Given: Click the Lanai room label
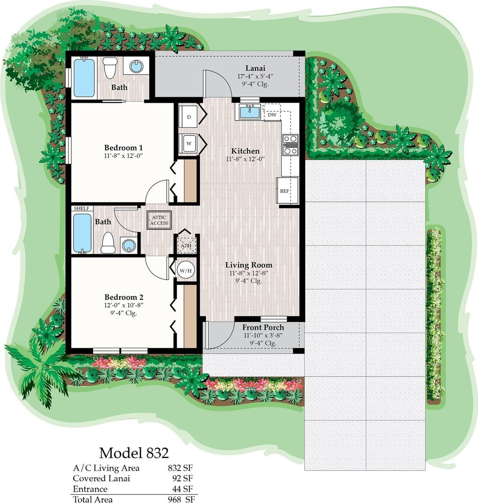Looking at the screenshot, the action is (255, 68).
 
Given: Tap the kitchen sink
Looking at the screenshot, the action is (250, 112).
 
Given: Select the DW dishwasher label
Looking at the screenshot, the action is (272, 115).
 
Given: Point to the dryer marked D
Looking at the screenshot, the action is (188, 117).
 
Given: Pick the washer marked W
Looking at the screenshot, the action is (188, 144).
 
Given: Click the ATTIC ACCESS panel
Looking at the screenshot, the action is (159, 221).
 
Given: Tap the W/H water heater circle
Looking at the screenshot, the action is (185, 270).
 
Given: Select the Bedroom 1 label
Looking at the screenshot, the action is (123, 148).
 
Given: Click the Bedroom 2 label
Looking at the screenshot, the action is (123, 297).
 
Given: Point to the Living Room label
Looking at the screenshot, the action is (248, 265).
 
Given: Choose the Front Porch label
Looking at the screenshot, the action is (263, 328).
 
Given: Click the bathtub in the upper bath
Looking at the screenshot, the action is (84, 77).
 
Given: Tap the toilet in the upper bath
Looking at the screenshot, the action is (110, 68).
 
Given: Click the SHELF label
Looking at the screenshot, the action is (82, 208).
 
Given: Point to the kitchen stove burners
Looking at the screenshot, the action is (291, 145).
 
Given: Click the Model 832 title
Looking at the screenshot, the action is (134, 453).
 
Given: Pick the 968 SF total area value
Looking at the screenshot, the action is (181, 499).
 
